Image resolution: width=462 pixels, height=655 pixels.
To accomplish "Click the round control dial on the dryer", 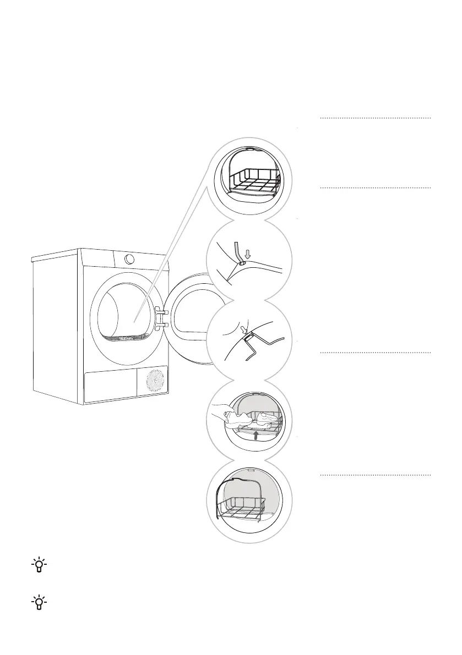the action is [129, 258].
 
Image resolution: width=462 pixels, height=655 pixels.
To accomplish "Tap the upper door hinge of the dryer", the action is [160, 311].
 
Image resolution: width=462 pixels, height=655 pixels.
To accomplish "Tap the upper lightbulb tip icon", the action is [40, 566].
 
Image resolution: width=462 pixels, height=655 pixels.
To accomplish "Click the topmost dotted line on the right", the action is [375, 118].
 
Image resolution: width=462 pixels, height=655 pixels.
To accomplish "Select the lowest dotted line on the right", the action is [375, 474].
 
